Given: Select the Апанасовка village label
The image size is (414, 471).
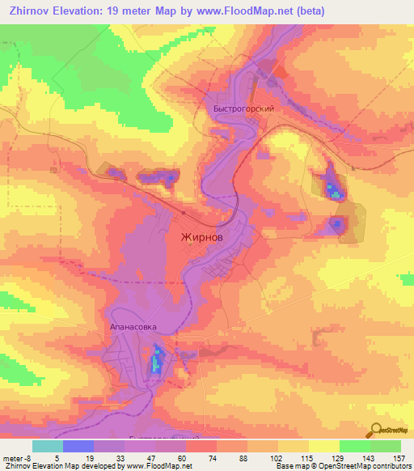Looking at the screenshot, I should click(133, 329).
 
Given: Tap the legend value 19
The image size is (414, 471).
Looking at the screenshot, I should click(91, 457).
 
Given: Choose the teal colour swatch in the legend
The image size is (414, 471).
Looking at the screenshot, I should click(48, 446).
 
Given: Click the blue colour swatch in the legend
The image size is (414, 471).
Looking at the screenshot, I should click(78, 446).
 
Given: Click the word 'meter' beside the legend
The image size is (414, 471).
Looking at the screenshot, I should click(11, 457).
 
